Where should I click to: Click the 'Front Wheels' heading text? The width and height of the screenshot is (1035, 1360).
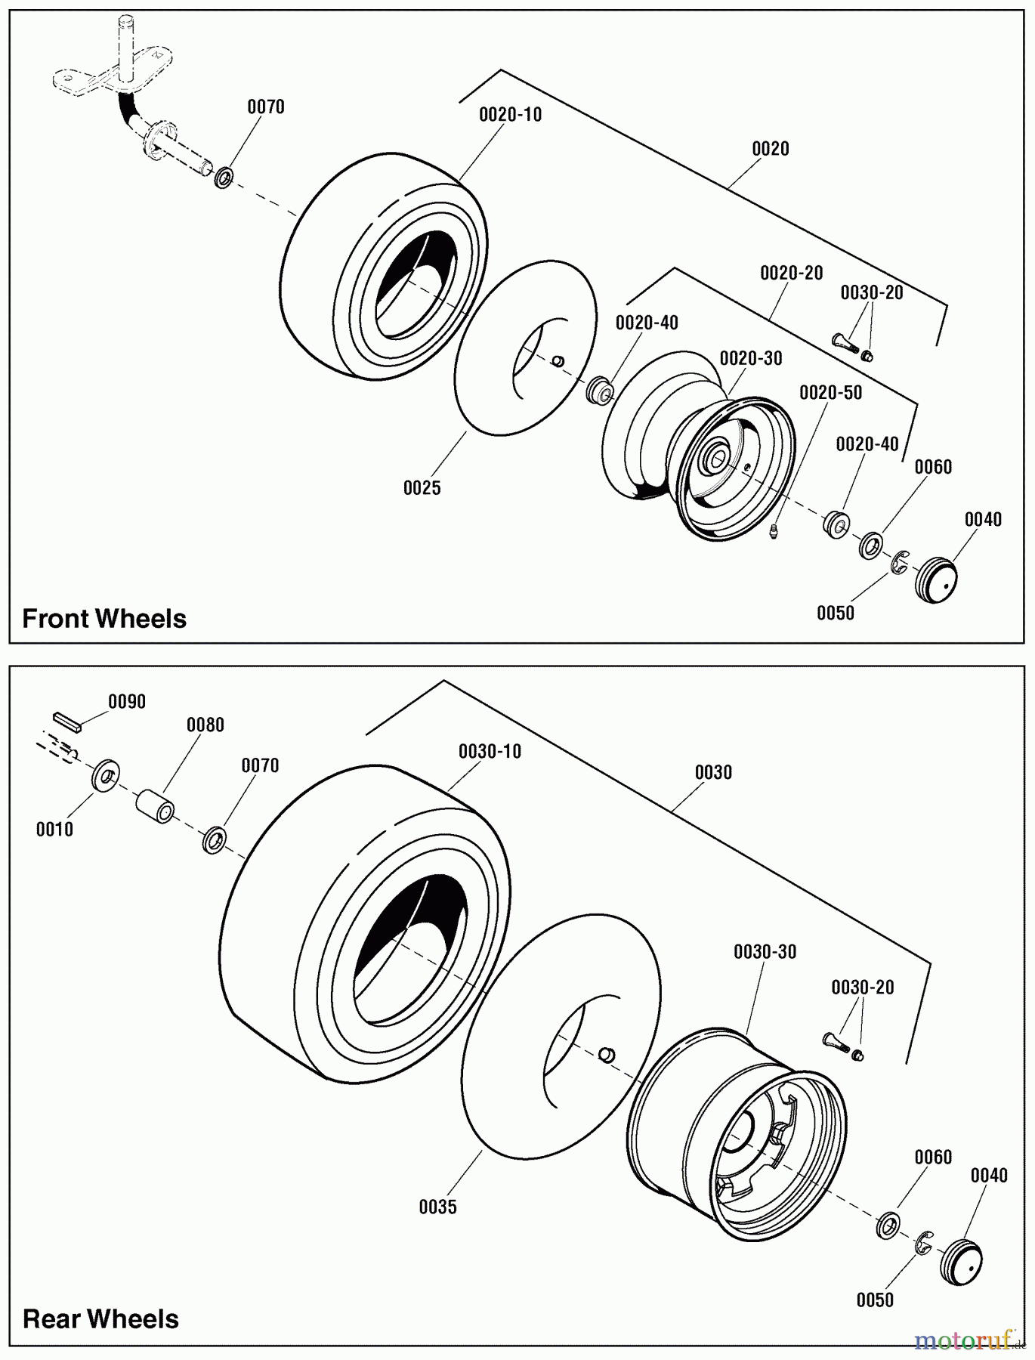pyautogui.click(x=104, y=619)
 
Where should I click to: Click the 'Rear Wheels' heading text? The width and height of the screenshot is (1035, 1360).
pyautogui.click(x=100, y=1319)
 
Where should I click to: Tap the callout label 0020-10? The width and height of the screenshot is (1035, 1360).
pyautogui.click(x=511, y=115)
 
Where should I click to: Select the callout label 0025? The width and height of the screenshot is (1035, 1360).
pyautogui.click(x=422, y=488)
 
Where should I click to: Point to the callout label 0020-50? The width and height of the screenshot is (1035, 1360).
pyautogui.click(x=830, y=393)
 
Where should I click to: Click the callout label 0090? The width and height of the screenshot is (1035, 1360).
pyautogui.click(x=127, y=702)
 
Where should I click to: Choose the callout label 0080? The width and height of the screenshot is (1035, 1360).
pyautogui.click(x=205, y=725)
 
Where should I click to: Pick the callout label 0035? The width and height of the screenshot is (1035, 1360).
pyautogui.click(x=438, y=1207)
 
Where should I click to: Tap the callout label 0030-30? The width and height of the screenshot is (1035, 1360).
pyautogui.click(x=765, y=952)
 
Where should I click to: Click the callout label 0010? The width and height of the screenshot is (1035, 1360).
pyautogui.click(x=54, y=830)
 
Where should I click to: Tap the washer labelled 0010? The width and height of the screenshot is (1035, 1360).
pyautogui.click(x=105, y=776)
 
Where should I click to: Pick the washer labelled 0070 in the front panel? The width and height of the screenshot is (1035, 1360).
pyautogui.click(x=224, y=178)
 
